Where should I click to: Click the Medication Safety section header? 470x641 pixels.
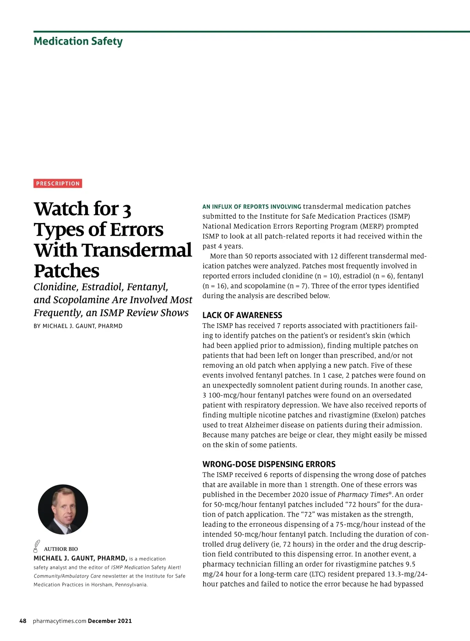(x=78, y=41)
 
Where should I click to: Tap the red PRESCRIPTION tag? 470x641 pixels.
(x=58, y=183)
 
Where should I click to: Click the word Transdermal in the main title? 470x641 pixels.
(x=137, y=250)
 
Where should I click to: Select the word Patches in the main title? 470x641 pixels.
(x=67, y=271)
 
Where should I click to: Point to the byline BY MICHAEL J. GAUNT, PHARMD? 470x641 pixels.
(x=78, y=326)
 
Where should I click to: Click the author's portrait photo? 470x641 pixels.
(x=63, y=509)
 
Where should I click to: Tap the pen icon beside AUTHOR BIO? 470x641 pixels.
(x=37, y=546)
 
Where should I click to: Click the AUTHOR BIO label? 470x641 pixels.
(x=61, y=549)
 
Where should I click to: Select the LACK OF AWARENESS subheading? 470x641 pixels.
(x=242, y=315)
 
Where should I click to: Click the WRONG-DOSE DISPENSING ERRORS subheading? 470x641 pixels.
(x=269, y=464)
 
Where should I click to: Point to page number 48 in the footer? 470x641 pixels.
(x=23, y=621)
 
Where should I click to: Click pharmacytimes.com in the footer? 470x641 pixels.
(x=60, y=621)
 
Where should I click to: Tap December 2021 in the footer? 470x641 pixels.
(x=110, y=621)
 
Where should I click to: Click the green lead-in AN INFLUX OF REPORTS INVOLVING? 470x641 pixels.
(x=251, y=207)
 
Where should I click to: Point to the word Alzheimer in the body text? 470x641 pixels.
(x=261, y=425)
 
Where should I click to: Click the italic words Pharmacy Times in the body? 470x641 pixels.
(x=363, y=495)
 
